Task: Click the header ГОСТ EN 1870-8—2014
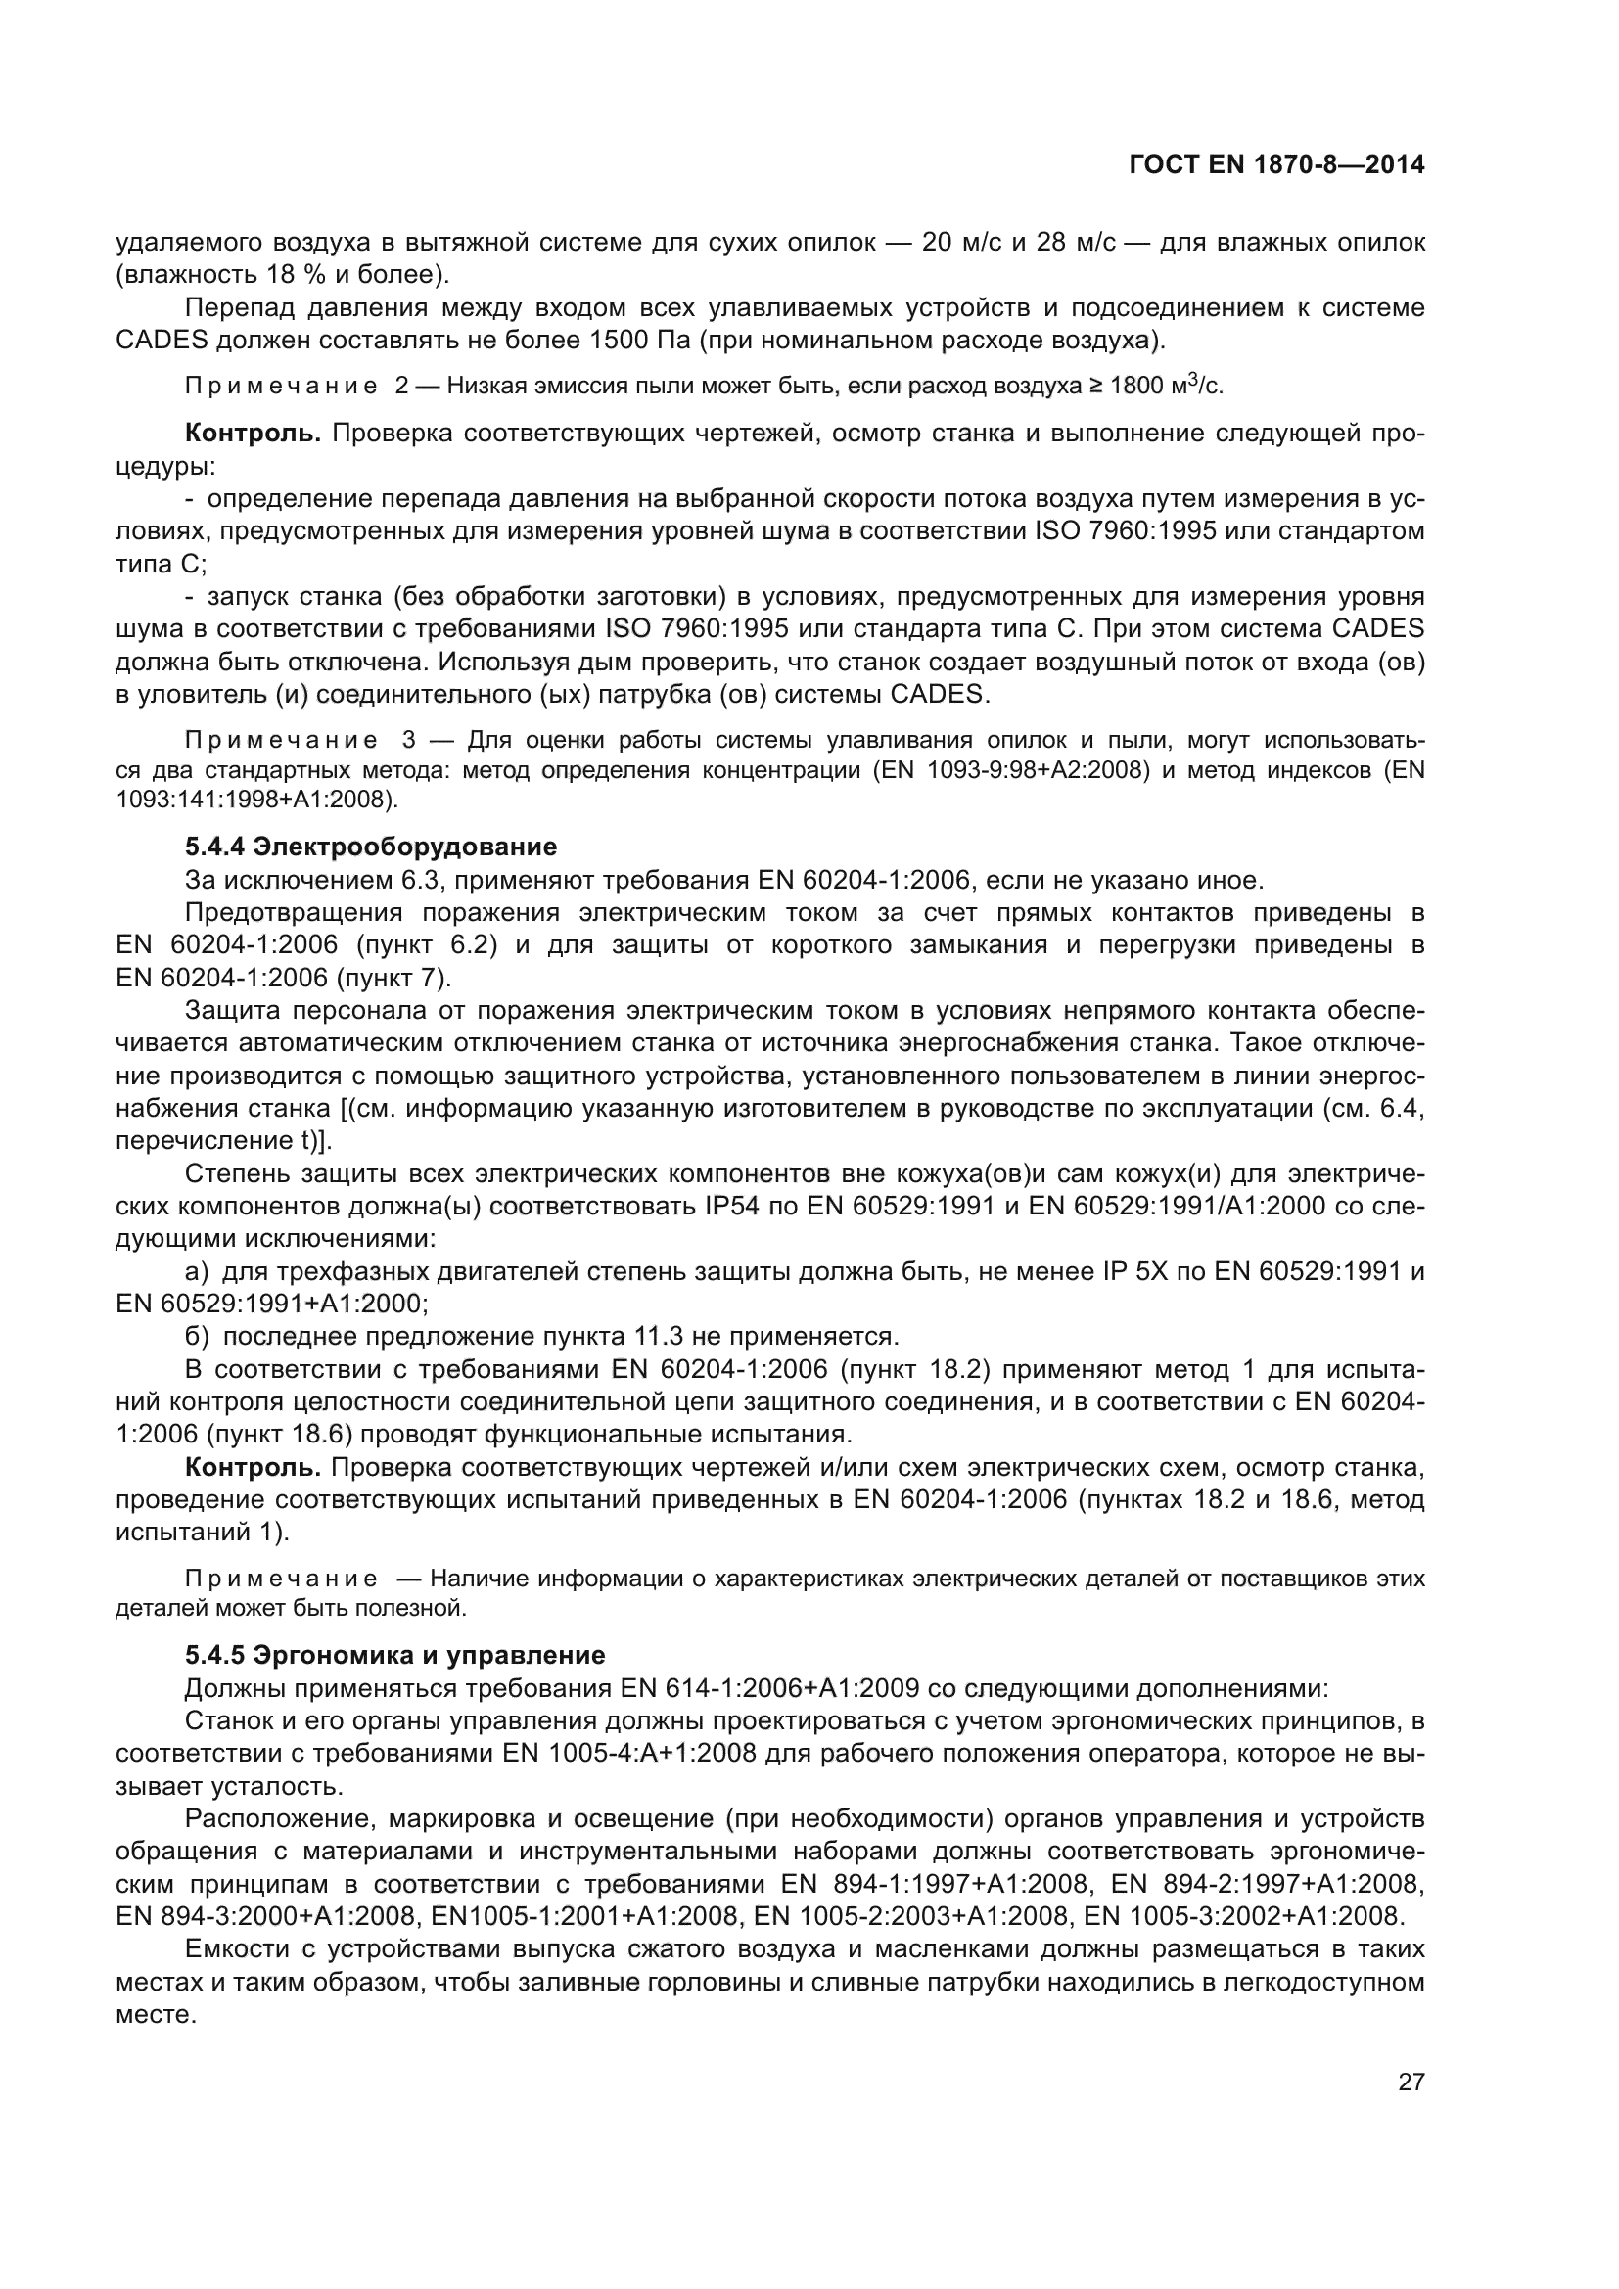(x=1276, y=165)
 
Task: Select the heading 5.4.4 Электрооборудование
(x=371, y=847)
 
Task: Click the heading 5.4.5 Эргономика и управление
(x=394, y=1655)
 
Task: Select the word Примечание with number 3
(x=281, y=741)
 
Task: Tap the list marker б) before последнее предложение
(x=197, y=1337)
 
